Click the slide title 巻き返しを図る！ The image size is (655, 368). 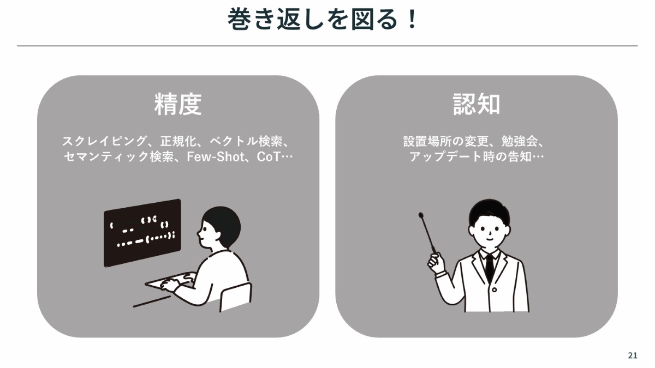pyautogui.click(x=321, y=19)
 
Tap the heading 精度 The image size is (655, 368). pyautogui.click(x=178, y=104)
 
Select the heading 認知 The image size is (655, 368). pyautogui.click(x=477, y=104)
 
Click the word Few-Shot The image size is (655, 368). pyautogui.click(x=216, y=157)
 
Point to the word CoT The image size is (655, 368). pyautogui.click(x=269, y=157)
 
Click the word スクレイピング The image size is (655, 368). pyautogui.click(x=104, y=141)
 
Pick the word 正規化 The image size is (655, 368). pyautogui.click(x=178, y=141)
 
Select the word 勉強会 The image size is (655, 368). pyautogui.click(x=520, y=141)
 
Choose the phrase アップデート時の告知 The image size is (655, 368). pyautogui.click(x=471, y=157)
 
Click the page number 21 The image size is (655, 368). pyautogui.click(x=633, y=355)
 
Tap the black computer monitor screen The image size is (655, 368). pyautogui.click(x=142, y=233)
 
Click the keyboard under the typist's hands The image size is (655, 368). pyautogui.click(x=170, y=281)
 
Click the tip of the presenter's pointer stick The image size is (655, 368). pyautogui.click(x=421, y=215)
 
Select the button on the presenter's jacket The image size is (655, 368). pyautogui.click(x=494, y=289)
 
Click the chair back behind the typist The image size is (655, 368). pyautogui.click(x=236, y=296)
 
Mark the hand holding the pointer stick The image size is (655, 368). pyautogui.click(x=436, y=263)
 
